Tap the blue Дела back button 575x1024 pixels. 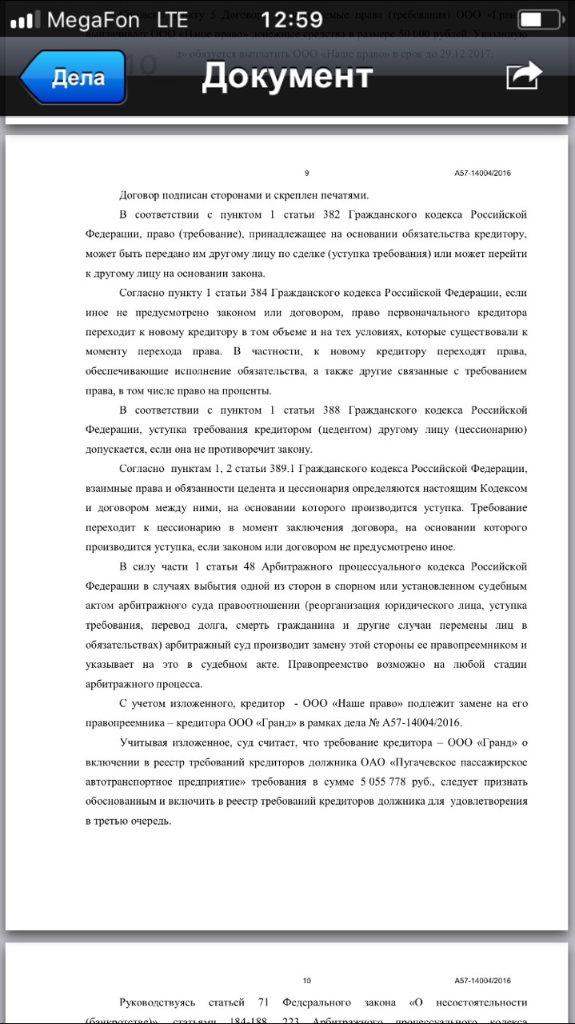point(74,78)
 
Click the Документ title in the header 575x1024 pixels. point(287,77)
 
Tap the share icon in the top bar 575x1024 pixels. point(524,76)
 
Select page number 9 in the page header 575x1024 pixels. point(307,173)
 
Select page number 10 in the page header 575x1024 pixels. point(307,981)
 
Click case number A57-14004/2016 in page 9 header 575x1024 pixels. point(482,173)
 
